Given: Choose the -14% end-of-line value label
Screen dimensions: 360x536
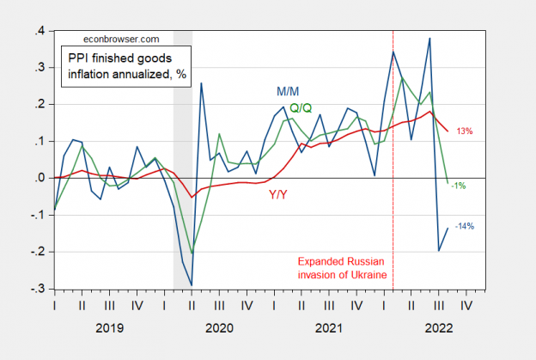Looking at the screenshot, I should [x=464, y=226].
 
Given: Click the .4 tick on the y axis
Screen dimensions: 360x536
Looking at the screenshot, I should [x=40, y=31].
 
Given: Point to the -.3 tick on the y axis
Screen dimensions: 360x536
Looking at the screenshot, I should [x=38, y=289].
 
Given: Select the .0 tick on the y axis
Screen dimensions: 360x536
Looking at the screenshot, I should [x=40, y=179].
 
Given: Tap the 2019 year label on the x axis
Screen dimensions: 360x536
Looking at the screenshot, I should [x=109, y=327].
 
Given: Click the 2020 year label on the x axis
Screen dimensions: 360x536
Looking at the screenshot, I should [x=221, y=327].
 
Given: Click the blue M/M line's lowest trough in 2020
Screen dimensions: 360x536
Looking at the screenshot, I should [x=192, y=284].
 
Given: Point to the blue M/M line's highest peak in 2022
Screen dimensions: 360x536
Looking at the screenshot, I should [x=429, y=38].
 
